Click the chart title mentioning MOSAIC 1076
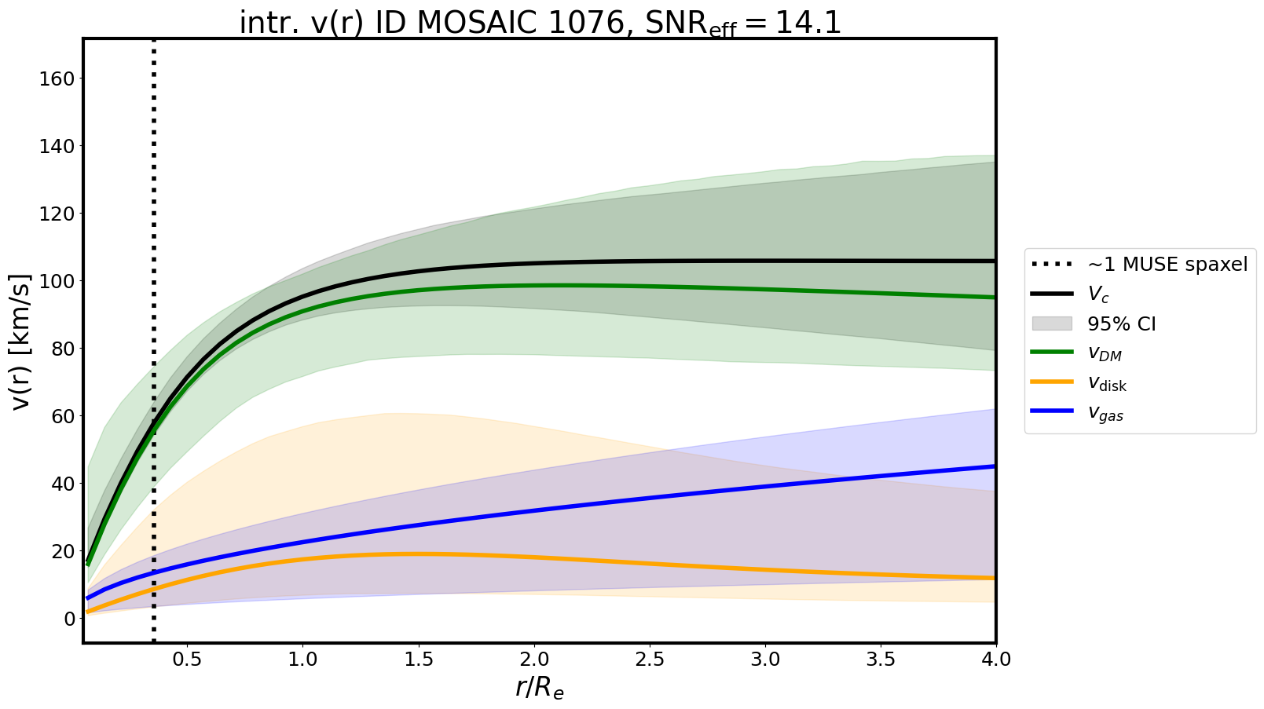(x=540, y=23)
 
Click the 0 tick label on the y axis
(x=69, y=619)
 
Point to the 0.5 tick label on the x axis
(x=187, y=660)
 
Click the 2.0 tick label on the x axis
(x=534, y=660)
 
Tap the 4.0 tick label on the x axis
(x=995, y=660)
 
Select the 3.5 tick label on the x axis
(x=881, y=660)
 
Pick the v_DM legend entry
(x=1104, y=353)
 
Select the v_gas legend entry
(x=1105, y=414)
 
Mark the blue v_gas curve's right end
(x=994, y=466)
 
